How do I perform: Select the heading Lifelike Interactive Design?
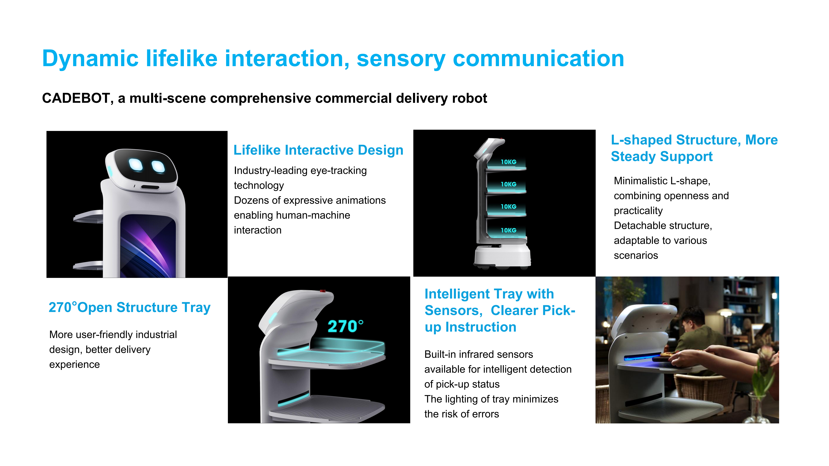coord(318,150)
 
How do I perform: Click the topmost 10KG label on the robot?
coord(508,162)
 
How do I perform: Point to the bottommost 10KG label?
coord(508,230)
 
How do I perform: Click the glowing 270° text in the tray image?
coord(345,326)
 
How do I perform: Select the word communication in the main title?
coord(538,59)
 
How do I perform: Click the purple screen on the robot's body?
coord(148,246)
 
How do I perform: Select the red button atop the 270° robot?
coord(322,291)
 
